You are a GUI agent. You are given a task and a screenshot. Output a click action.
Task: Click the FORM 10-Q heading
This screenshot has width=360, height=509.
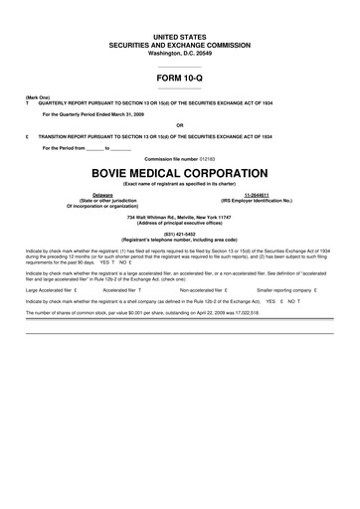click(179, 77)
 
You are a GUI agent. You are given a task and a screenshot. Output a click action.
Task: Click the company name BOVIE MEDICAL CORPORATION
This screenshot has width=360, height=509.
click(179, 172)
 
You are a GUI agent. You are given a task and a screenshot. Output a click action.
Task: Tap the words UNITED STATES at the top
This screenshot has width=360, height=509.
click(179, 35)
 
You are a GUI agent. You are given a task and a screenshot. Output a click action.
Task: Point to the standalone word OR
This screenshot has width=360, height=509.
click(179, 125)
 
